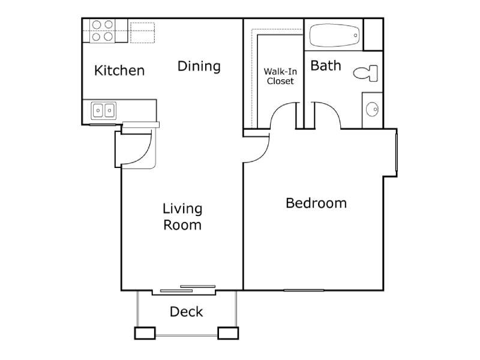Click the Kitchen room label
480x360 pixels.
coord(119,71)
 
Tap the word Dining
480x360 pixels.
coord(199,66)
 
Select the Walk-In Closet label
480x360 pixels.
coord(280,76)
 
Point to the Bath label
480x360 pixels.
coord(326,65)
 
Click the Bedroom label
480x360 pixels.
coord(316,203)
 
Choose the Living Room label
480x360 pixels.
coord(182,217)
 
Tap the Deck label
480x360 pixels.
coord(186,312)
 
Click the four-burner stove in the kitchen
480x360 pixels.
coord(103,31)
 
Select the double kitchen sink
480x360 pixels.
coord(103,110)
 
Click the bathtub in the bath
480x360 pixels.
coord(335,35)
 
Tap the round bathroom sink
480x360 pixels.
coord(372,109)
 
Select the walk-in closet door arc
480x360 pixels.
coord(283,114)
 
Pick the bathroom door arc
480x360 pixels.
coord(327,114)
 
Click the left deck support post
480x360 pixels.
coord(145,333)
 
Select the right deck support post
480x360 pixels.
coord(228,333)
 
